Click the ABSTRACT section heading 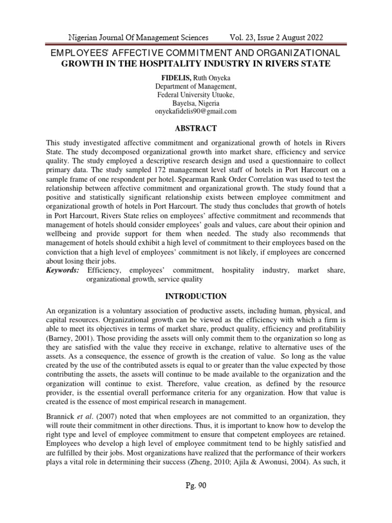196,128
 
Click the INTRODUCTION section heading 196,296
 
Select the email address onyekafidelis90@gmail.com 196,111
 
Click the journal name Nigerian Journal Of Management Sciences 138,37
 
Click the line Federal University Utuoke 196,94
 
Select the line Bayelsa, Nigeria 196,103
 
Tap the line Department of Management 196,86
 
